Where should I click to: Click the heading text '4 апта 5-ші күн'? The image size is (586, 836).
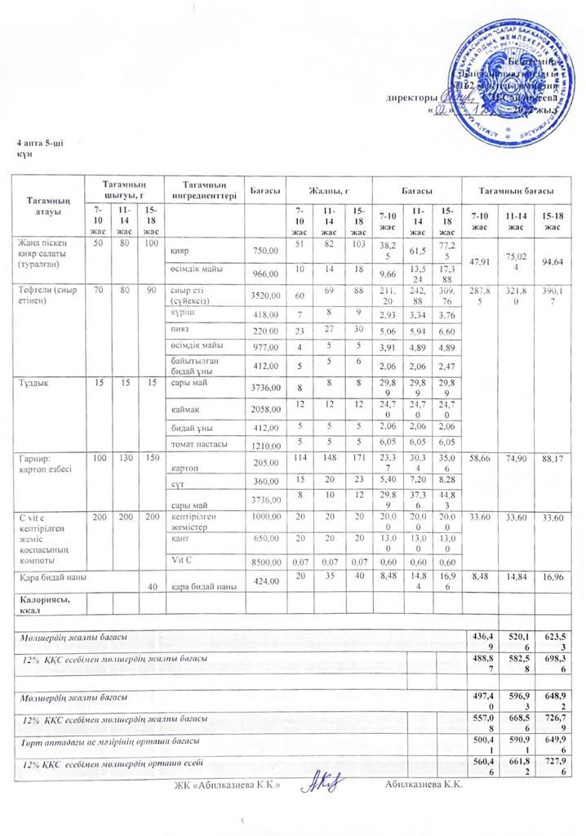(39, 149)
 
